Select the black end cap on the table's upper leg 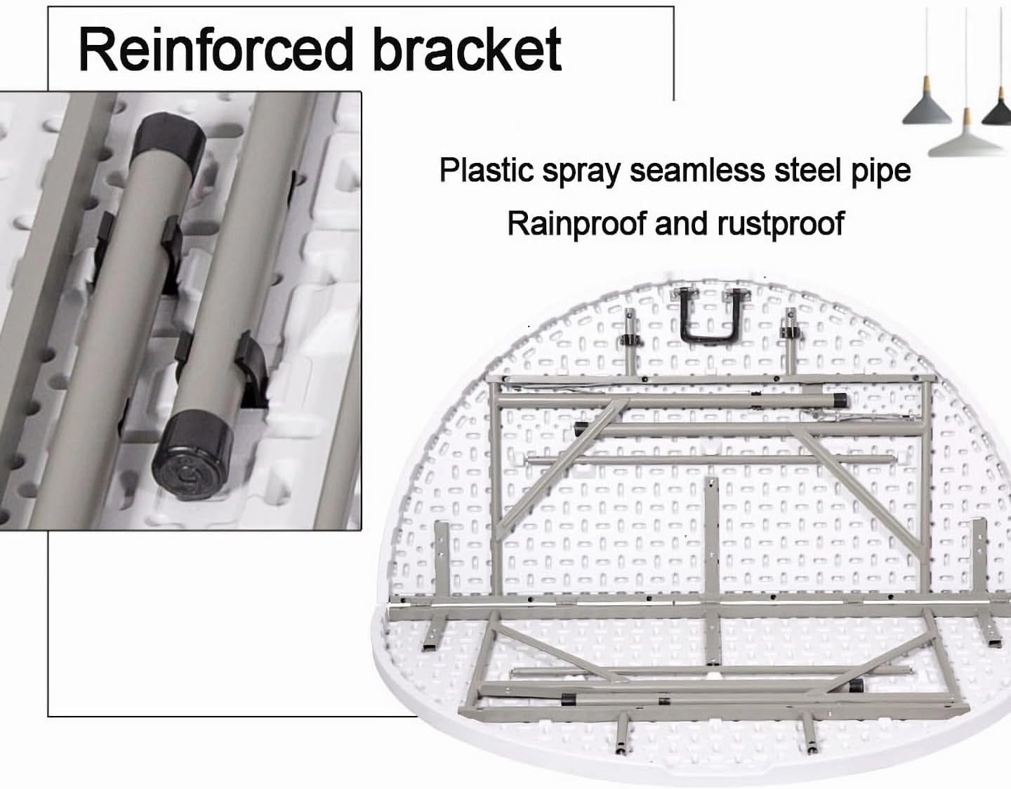(839, 401)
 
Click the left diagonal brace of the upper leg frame (548, 470)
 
